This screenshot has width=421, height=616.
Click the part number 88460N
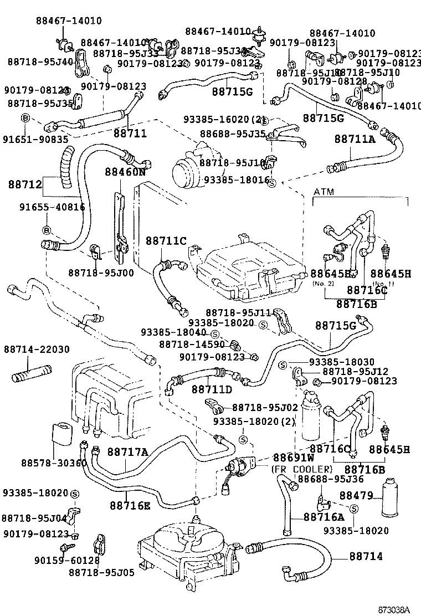coord(125,172)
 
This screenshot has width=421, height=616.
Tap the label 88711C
coord(166,241)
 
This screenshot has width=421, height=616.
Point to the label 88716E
coord(130,505)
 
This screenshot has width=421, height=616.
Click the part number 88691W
coord(294,458)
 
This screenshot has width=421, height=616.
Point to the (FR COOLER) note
coord(294,469)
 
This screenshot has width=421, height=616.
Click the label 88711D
coord(212,389)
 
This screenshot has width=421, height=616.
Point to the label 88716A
coord(324,517)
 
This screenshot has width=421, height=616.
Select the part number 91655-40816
coord(44,207)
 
